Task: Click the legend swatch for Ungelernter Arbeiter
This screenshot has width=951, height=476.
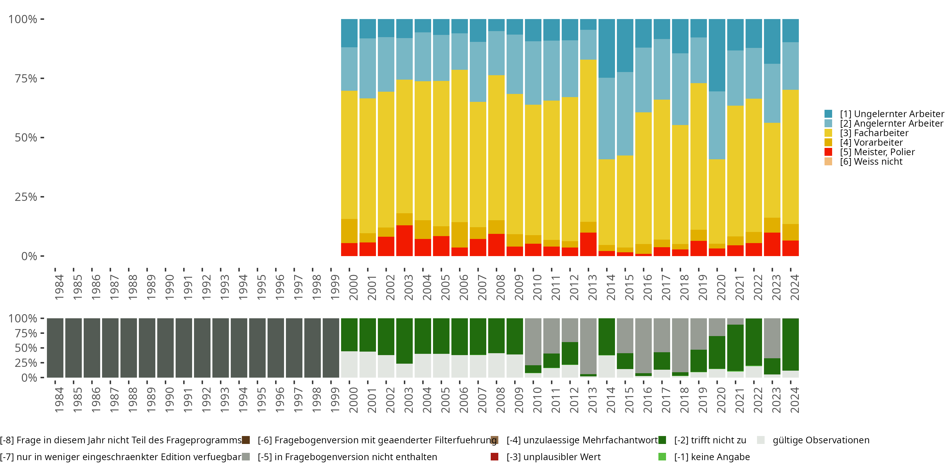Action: click(828, 114)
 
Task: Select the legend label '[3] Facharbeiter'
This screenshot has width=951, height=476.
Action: click(874, 133)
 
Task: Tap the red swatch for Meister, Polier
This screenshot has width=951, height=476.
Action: click(828, 152)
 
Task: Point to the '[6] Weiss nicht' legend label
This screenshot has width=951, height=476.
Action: click(871, 162)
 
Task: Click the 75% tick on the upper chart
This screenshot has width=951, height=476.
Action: click(26, 78)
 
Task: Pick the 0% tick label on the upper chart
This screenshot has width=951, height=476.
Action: click(29, 256)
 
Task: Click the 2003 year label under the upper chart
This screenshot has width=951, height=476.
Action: click(408, 287)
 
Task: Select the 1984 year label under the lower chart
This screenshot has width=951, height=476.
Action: click(59, 400)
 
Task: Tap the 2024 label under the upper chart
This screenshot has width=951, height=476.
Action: click(794, 287)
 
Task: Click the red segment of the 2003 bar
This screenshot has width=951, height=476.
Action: click(404, 241)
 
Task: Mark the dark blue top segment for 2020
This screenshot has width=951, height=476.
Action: click(717, 55)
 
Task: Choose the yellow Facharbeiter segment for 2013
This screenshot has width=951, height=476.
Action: click(588, 141)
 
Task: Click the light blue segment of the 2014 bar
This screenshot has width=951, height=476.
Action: click(606, 118)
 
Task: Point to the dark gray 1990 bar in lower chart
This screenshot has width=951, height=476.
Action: click(165, 348)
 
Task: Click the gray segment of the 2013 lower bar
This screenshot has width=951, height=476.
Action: click(588, 346)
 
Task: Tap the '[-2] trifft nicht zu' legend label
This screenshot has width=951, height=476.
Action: click(710, 440)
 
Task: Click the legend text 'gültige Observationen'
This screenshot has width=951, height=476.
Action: click(821, 440)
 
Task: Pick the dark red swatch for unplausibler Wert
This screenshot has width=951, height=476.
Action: click(494, 457)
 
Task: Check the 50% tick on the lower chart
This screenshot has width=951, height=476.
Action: click(26, 348)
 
